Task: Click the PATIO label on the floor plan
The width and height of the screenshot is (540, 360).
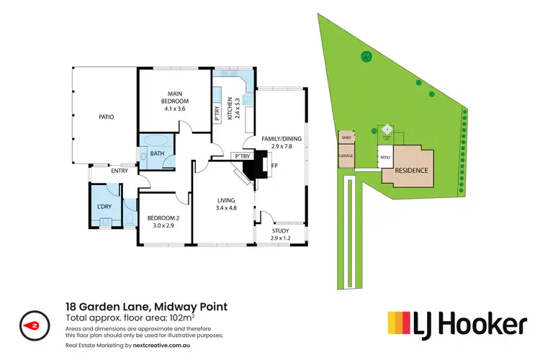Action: point(107,117)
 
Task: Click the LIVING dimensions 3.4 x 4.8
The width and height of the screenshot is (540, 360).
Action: point(227,208)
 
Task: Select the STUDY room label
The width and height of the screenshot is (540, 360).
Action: point(281,230)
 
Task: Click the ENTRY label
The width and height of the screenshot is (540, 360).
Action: point(120,171)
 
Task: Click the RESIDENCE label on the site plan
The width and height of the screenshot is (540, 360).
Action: point(412,171)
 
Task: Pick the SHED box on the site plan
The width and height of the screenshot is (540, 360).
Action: point(346,137)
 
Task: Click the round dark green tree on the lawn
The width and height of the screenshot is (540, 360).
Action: point(366,56)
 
